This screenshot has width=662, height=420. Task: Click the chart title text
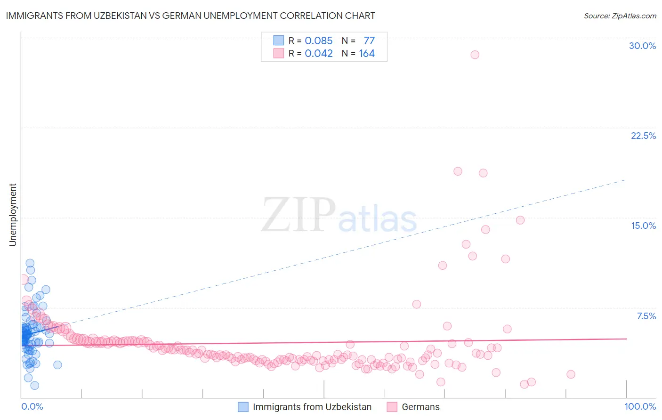coord(190,16)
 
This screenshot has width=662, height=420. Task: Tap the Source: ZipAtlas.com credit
coord(620,16)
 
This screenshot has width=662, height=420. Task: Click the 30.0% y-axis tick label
coord(642,46)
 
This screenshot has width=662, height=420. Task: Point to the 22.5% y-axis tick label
coord(643,136)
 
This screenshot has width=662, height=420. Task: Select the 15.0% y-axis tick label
coord(643,226)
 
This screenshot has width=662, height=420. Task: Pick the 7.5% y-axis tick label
coord(646,316)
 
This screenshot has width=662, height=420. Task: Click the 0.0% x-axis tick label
coord(32,406)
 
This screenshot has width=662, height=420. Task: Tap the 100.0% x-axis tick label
coord(640,406)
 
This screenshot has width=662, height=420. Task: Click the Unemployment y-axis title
coord(13,215)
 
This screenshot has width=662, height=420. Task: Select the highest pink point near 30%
coord(475,55)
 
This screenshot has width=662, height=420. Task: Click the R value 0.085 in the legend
coord(318,41)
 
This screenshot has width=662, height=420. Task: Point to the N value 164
coord(367,54)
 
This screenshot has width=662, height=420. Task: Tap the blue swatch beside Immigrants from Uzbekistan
coord(243,407)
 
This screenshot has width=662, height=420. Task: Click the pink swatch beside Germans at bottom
coord(392,407)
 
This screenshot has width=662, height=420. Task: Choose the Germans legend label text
coord(420,407)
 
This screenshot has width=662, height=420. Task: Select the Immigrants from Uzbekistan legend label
coord(312,407)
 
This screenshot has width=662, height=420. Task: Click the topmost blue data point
coord(30,263)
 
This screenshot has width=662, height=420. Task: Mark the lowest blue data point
coord(34,386)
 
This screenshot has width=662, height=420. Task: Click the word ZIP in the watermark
coord(298,215)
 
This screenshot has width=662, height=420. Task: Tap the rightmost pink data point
coord(571,374)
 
